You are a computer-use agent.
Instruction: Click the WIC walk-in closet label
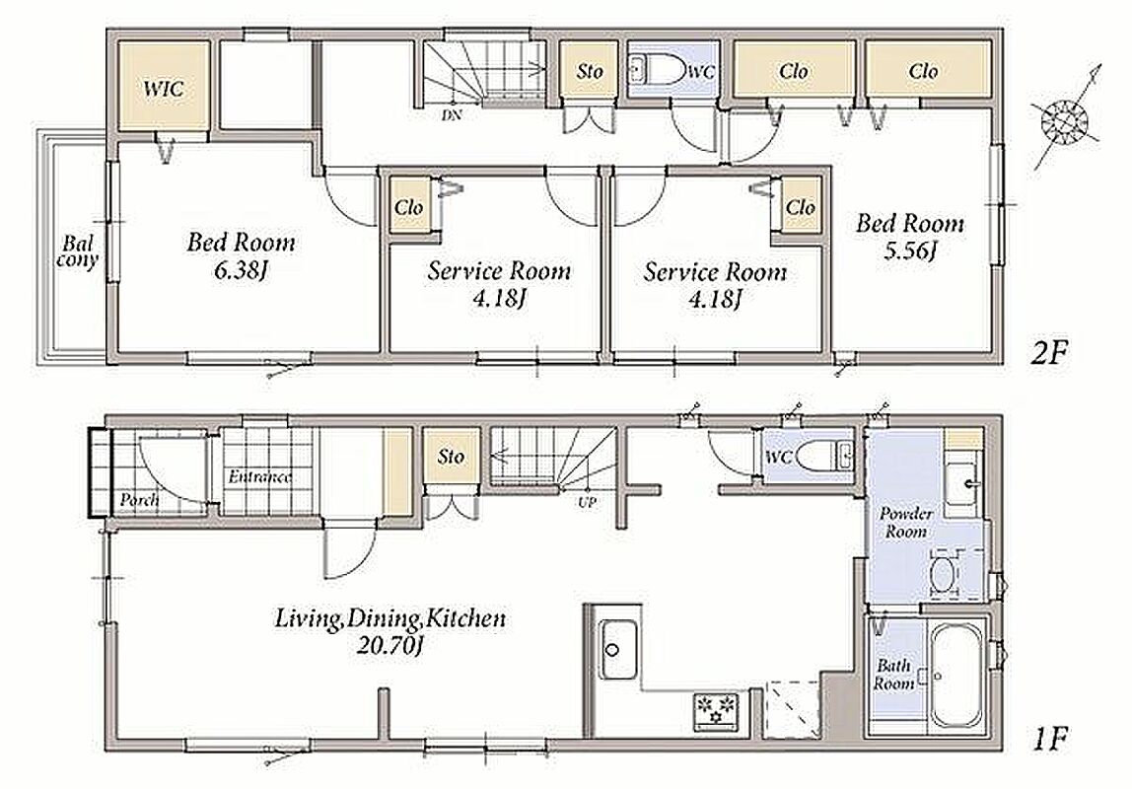point(163,89)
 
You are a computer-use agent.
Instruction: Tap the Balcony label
point(77,251)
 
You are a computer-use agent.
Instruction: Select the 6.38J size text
point(242,271)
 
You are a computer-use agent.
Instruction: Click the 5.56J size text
point(909,251)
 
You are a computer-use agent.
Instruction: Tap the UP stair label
point(587,502)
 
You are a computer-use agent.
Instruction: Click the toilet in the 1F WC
point(820,456)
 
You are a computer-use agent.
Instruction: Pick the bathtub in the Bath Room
point(956,675)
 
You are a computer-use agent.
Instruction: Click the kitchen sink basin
point(613,649)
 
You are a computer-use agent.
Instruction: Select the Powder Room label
point(905,523)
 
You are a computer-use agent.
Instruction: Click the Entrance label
point(260,477)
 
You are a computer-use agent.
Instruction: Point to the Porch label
point(139,499)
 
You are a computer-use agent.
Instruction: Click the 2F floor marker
point(1047,353)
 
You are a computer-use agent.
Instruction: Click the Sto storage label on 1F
point(452,457)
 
